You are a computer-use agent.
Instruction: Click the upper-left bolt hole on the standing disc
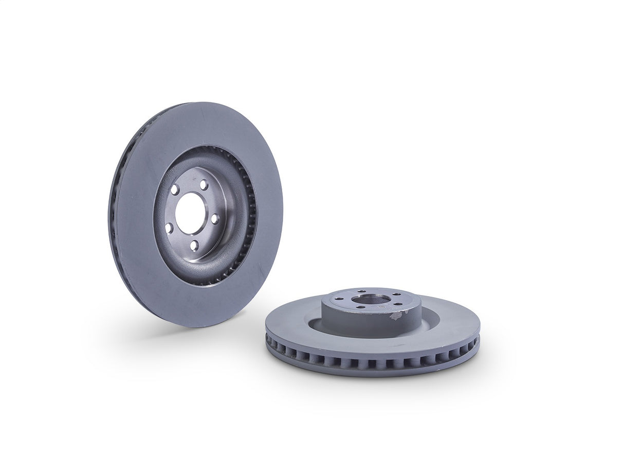coord(175,189)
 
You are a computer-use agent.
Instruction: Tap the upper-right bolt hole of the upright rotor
coord(204,185)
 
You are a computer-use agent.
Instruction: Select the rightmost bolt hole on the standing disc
coord(215,218)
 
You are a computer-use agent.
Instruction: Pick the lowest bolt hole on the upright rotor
coord(194,246)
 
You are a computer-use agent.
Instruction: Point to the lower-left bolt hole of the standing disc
coord(169,227)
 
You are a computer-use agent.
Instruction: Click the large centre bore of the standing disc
coord(189,214)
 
